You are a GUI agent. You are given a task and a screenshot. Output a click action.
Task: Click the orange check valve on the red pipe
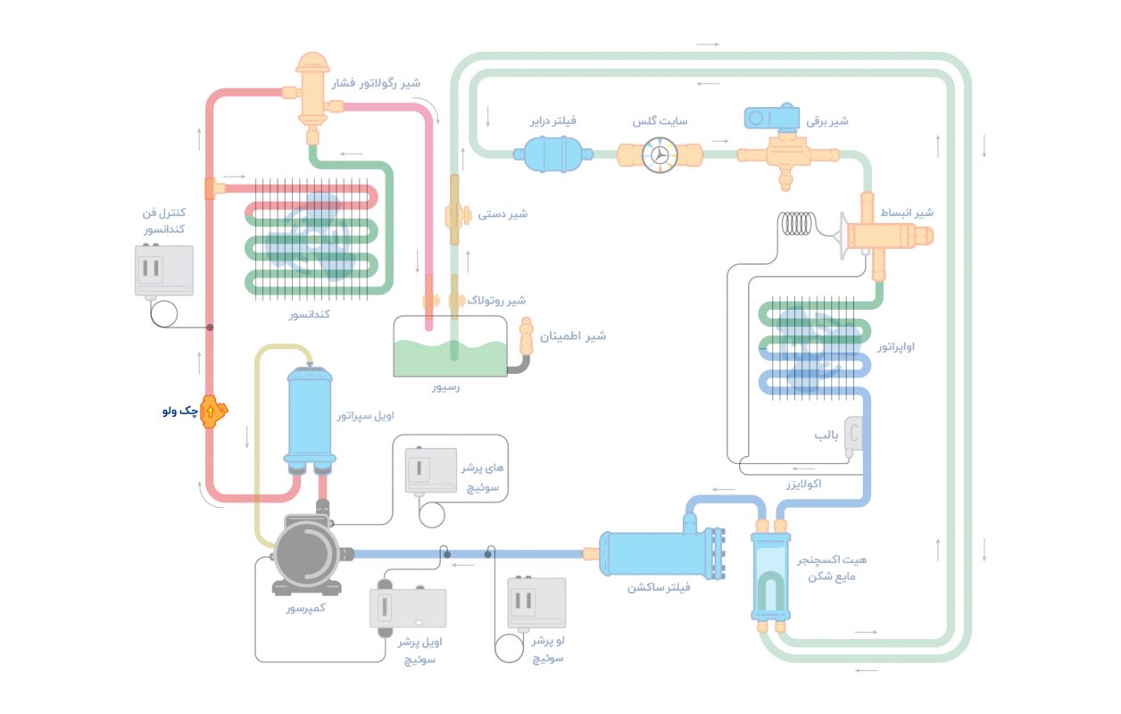213,411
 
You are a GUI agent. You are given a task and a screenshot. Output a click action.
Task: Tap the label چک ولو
179,411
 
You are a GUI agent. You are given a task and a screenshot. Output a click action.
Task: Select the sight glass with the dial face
659,154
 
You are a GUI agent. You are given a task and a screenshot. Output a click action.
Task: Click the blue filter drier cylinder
553,154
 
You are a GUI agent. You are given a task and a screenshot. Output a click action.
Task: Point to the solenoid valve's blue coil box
773,117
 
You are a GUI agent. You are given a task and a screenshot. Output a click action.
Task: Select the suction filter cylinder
655,554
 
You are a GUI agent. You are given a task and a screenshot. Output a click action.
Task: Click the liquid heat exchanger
768,576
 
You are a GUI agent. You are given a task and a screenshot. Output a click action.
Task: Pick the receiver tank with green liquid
451,346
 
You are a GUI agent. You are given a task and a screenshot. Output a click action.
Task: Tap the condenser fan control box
163,270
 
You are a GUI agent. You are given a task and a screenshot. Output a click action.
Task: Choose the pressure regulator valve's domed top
312,65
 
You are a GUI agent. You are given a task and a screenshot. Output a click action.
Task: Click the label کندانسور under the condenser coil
310,315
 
